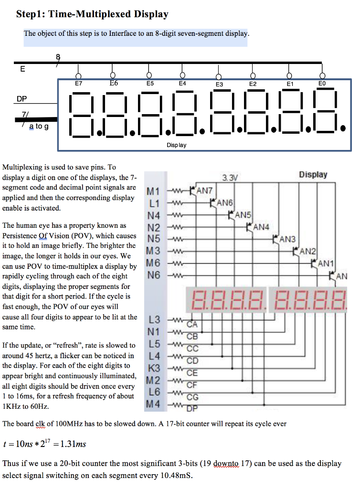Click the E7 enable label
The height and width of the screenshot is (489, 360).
click(79, 83)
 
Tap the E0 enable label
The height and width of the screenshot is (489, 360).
click(322, 83)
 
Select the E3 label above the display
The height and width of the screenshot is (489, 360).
click(219, 84)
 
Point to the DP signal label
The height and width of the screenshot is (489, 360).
click(22, 99)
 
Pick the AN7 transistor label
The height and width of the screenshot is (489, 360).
click(204, 191)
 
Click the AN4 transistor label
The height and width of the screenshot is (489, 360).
click(262, 226)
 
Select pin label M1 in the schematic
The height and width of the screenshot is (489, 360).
click(153, 192)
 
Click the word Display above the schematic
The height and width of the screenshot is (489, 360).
click(313, 174)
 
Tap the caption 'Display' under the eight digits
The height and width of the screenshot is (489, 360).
click(177, 145)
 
